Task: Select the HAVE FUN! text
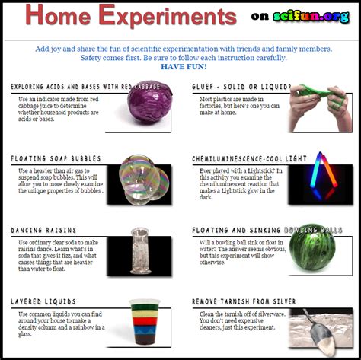(x=184, y=67)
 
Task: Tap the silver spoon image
(x=321, y=326)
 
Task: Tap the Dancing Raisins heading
(x=43, y=230)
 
